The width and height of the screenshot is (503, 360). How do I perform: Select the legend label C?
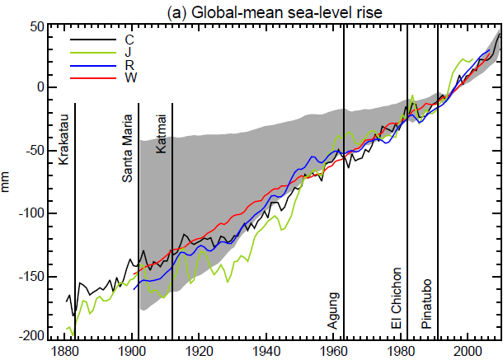129,39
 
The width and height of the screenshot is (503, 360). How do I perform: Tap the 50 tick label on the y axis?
36,26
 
